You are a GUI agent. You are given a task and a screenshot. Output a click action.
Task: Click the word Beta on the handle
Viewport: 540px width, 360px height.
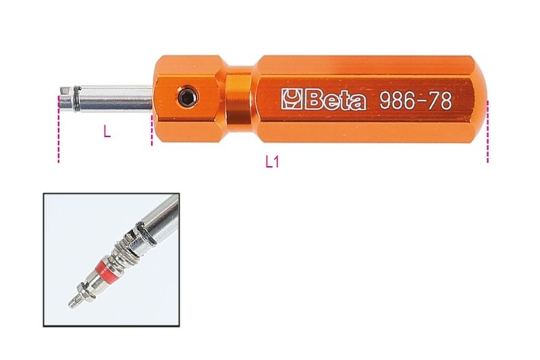pos(336,101)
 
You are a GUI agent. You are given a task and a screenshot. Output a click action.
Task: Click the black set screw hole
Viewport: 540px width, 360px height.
pos(186,99)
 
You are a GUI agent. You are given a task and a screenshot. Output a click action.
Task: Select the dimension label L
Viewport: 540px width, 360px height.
pos(107,133)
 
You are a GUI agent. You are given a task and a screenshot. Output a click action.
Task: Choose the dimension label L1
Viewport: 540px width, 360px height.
pos(272,162)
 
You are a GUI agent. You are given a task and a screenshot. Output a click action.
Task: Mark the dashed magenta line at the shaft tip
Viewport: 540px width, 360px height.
pos(59,135)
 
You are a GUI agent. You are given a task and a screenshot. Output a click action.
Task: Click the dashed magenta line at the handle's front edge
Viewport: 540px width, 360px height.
pos(152,128)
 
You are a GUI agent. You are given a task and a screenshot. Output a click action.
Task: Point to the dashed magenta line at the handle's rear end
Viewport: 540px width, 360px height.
pos(487,135)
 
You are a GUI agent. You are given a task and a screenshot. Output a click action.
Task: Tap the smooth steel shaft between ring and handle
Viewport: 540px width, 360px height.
pos(118,99)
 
